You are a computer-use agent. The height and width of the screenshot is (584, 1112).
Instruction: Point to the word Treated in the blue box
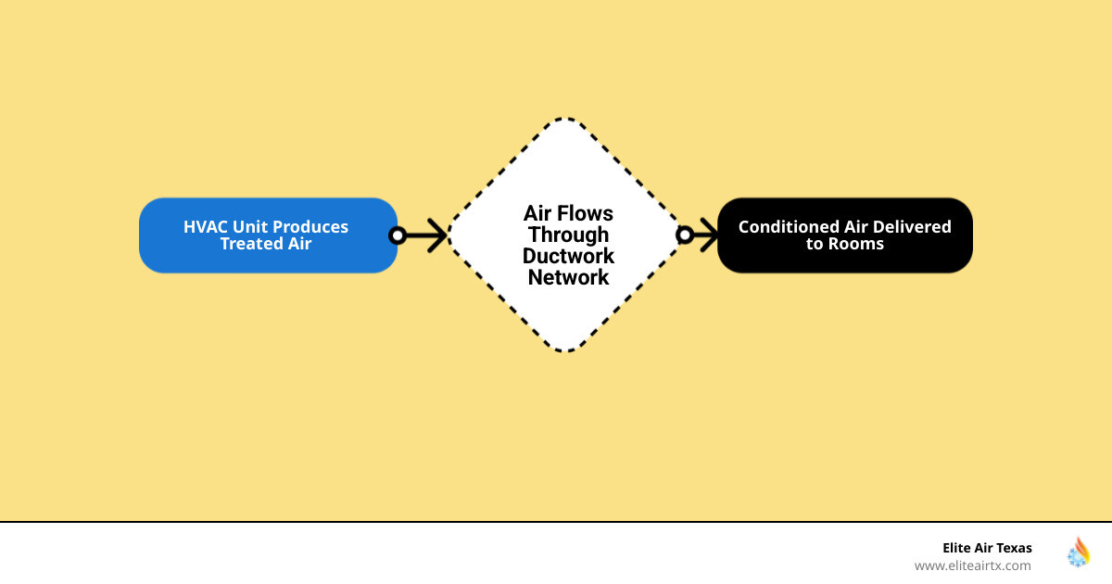click(251, 244)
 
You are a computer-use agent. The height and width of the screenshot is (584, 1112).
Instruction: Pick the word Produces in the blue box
click(310, 227)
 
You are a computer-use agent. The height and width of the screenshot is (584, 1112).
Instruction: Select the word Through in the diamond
click(568, 235)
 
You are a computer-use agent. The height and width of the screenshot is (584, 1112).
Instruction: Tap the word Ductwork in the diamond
click(568, 256)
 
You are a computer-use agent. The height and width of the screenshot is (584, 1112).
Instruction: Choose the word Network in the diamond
click(568, 277)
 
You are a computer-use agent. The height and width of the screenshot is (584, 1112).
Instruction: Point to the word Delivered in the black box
click(912, 227)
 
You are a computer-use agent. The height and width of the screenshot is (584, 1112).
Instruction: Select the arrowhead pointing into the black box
click(710, 235)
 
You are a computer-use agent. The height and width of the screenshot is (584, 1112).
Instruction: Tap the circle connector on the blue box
click(398, 235)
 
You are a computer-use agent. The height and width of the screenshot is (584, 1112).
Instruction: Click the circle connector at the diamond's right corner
click(685, 235)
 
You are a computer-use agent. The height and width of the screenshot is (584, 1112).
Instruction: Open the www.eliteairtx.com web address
click(972, 565)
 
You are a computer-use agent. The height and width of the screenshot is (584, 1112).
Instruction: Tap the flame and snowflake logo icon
click(1079, 552)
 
